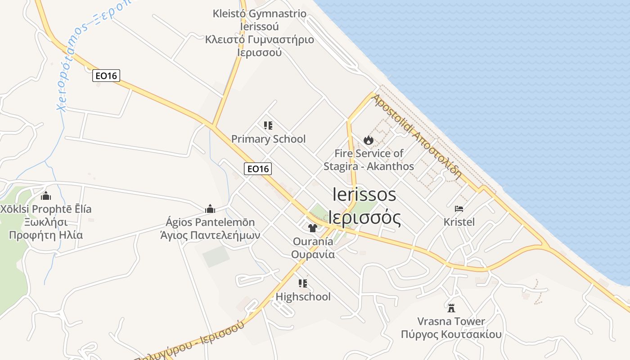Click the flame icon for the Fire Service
[369, 140]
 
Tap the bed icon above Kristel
[459, 209]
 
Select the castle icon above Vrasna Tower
[451, 308]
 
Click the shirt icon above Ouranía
[313, 228]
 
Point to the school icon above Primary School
[268, 126]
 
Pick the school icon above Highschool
[303, 283]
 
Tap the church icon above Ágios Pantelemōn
[210, 209]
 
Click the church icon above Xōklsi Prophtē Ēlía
[46, 196]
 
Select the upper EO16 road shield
[106, 76]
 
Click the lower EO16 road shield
[258, 169]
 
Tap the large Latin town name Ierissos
[364, 194]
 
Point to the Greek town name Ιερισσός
[364, 218]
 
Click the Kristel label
[459, 222]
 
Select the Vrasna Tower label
[451, 321]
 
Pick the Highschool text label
[303, 297]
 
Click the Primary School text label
[268, 139]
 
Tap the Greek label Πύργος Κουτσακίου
[451, 334]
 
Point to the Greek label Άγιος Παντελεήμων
[210, 235]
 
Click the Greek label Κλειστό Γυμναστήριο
[260, 40]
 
